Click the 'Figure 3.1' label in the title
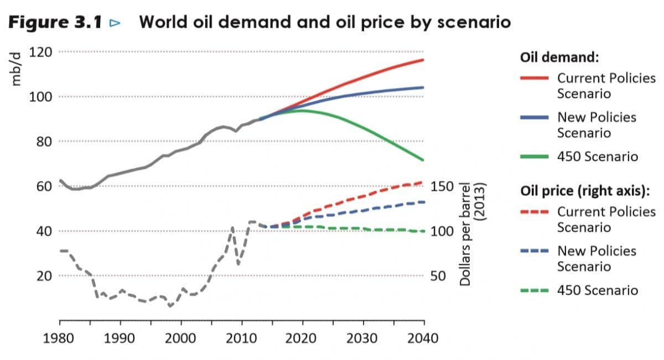click(x=55, y=23)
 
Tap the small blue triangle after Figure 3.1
click(x=115, y=23)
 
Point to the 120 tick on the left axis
click(x=40, y=52)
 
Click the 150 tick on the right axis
click(x=442, y=186)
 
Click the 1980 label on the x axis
click(x=59, y=338)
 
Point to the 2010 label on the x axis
click(x=241, y=338)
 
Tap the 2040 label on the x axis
click(x=423, y=338)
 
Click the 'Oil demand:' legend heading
click(x=561, y=58)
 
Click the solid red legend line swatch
click(x=535, y=78)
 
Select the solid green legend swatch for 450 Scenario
click(x=535, y=156)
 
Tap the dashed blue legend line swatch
click(x=535, y=251)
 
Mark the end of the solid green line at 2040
click(x=423, y=160)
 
